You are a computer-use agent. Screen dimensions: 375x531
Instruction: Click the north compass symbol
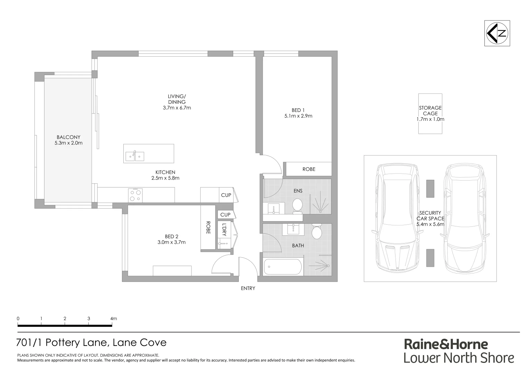497,33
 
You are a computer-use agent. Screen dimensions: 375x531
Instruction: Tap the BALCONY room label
68,137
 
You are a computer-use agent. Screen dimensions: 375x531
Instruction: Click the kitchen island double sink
134,156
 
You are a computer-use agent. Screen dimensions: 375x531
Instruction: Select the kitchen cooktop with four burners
135,195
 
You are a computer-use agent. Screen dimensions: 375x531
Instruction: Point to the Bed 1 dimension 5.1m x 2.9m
298,116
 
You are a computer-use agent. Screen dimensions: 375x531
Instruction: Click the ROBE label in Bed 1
309,169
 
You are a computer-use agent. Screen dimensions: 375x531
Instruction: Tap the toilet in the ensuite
297,205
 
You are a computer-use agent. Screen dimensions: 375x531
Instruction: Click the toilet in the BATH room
317,232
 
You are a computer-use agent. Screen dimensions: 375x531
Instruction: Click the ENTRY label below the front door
248,288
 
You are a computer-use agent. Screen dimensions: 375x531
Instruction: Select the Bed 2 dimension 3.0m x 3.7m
171,242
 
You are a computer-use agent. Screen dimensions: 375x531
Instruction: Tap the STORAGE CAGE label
430,111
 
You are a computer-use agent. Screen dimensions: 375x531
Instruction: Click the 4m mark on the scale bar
113,319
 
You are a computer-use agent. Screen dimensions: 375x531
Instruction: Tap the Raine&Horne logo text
446,344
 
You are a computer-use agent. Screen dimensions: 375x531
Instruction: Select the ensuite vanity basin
274,209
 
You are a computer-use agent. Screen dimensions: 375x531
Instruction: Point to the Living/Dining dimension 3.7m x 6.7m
177,108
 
